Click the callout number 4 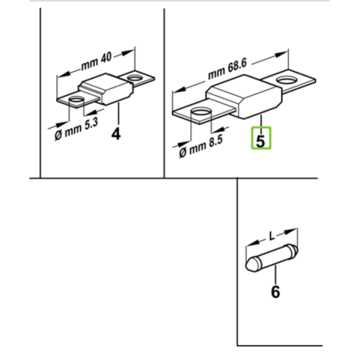tap(116, 134)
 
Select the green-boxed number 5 tap(261, 141)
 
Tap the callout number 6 tap(275, 292)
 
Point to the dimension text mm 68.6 tap(227, 68)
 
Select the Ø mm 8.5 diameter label tap(201, 146)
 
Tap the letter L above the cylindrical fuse tap(272, 236)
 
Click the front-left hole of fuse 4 tap(76, 100)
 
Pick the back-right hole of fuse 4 tap(135, 78)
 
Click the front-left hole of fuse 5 tap(201, 112)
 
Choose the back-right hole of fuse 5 tap(287, 80)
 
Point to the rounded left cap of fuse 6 tap(253, 265)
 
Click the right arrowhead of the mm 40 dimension tap(128, 53)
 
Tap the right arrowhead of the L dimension tap(291, 231)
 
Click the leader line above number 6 tap(275, 275)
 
